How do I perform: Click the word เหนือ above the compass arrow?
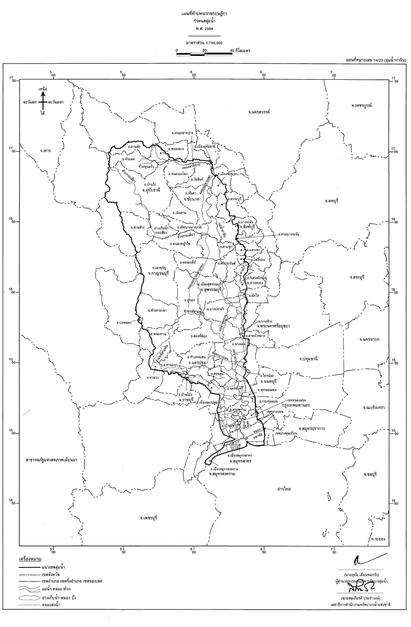click(43, 88)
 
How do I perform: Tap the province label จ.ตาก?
click(46, 150)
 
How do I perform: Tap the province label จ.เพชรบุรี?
click(147, 517)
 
